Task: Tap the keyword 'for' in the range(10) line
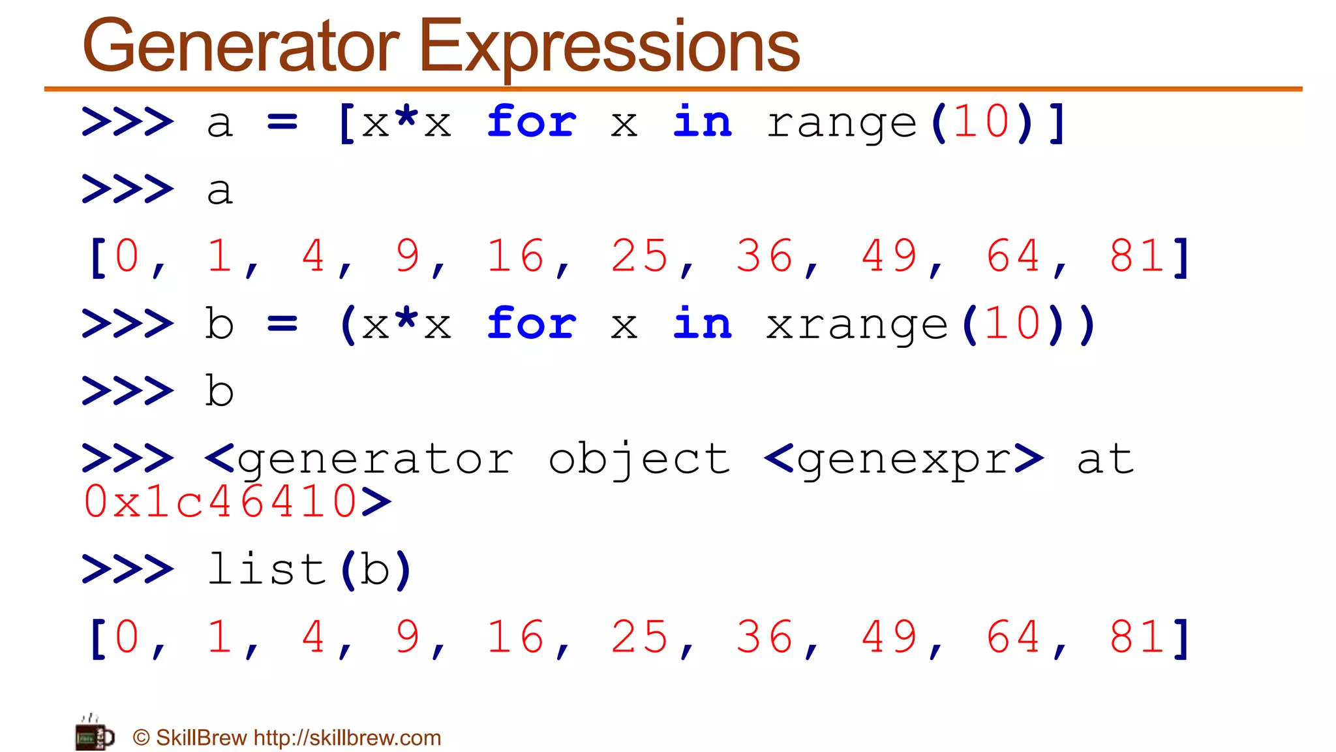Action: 532,122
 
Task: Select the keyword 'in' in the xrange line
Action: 702,324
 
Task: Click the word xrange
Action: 857,325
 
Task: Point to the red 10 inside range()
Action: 981,122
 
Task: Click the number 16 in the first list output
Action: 515,256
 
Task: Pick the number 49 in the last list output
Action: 889,637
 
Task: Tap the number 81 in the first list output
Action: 1137,256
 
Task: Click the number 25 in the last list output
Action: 639,637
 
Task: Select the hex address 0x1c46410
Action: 220,502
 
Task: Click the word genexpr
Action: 903,460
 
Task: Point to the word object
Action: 639,460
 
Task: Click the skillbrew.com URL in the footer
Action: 347,738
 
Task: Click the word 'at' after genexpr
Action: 1105,460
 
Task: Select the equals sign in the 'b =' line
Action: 282,324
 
